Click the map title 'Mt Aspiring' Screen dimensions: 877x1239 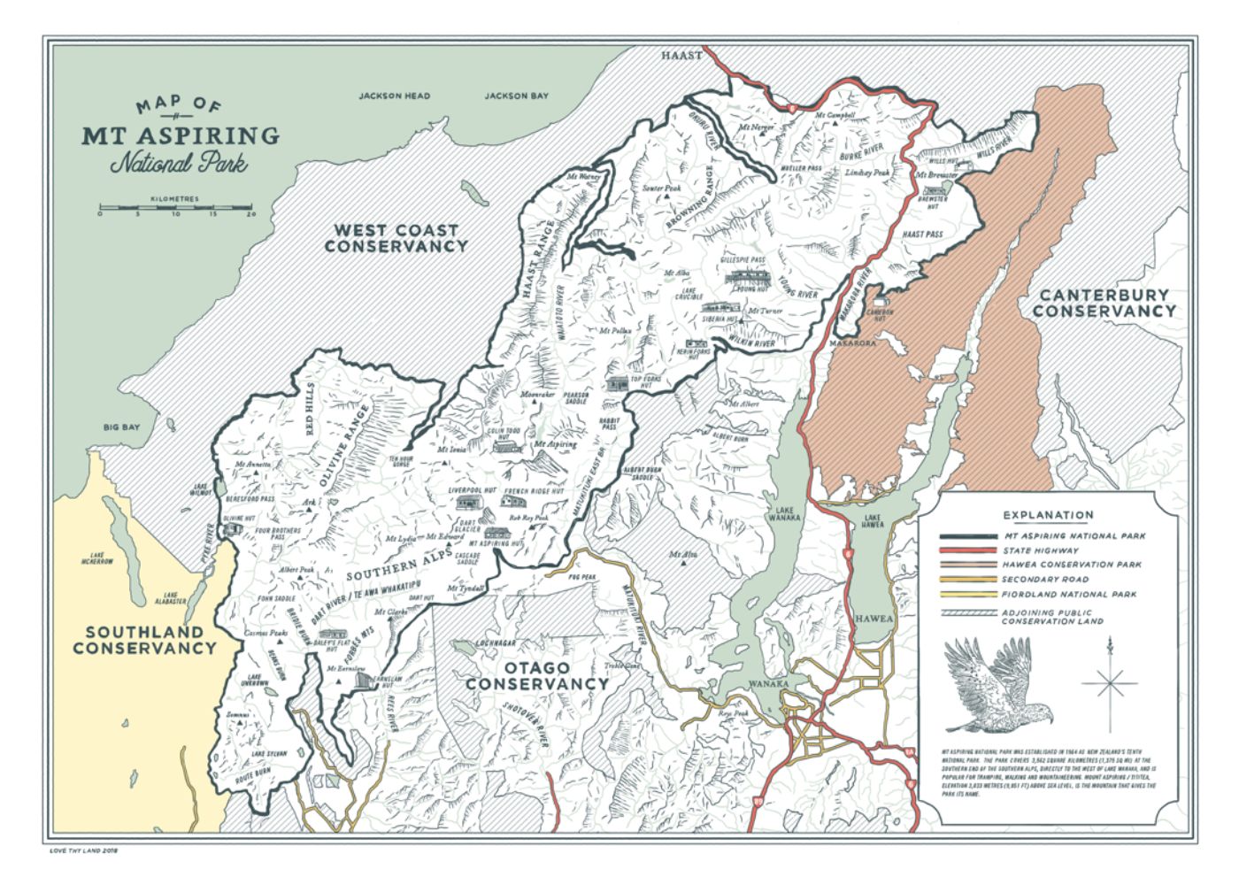click(181, 135)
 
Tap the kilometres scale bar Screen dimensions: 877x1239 click(176, 211)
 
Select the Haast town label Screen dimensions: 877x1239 click(681, 55)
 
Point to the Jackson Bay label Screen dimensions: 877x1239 click(516, 96)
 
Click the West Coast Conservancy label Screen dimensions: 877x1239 click(395, 238)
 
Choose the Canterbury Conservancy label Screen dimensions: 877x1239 click(1104, 303)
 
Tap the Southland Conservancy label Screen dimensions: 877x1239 click(144, 640)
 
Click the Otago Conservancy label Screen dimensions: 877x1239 click(537, 675)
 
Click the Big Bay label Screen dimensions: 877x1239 click(121, 427)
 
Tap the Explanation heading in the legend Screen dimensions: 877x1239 click(1048, 515)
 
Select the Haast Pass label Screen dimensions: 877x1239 click(921, 235)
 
